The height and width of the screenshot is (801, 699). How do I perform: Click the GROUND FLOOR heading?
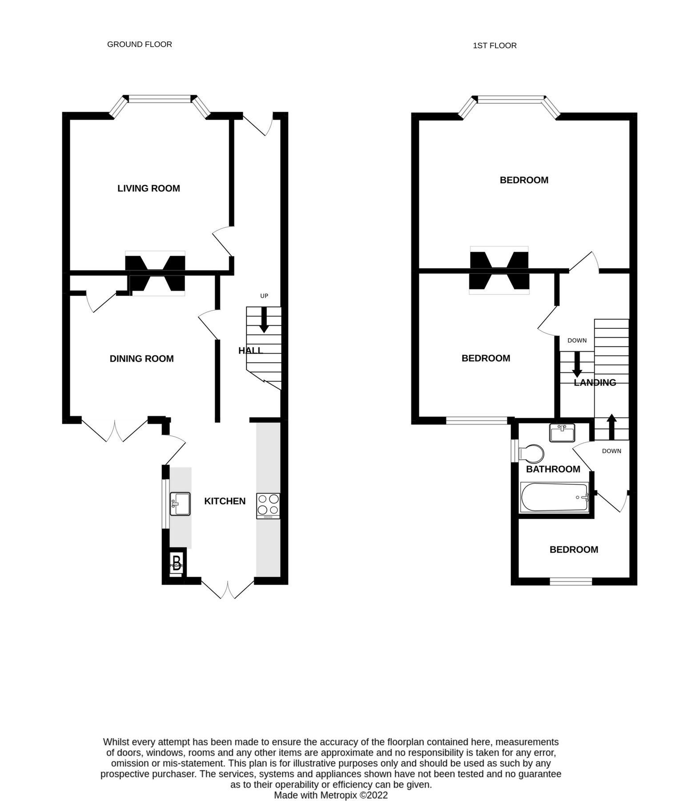pyautogui.click(x=139, y=44)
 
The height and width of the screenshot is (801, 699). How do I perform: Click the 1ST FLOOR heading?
pyautogui.click(x=494, y=45)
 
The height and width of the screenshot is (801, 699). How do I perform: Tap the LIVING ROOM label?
pyautogui.click(x=149, y=188)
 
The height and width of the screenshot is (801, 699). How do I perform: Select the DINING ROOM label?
pyautogui.click(x=141, y=359)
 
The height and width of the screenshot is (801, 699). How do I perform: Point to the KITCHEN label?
pyautogui.click(x=225, y=501)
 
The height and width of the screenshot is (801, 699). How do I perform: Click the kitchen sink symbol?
pyautogui.click(x=180, y=504)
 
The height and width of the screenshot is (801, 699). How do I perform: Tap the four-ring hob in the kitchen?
pyautogui.click(x=268, y=506)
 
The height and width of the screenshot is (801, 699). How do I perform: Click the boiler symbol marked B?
pyautogui.click(x=177, y=563)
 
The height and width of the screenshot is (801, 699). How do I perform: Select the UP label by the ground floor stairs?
pyautogui.click(x=264, y=296)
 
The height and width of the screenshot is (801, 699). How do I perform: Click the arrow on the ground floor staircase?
pyautogui.click(x=264, y=321)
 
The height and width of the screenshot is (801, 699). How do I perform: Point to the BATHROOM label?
pyautogui.click(x=553, y=469)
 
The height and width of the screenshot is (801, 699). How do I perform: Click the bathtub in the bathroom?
pyautogui.click(x=554, y=498)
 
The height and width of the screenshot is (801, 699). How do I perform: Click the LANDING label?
pyautogui.click(x=595, y=383)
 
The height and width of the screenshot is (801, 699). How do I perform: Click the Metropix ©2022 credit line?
pyautogui.click(x=331, y=795)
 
